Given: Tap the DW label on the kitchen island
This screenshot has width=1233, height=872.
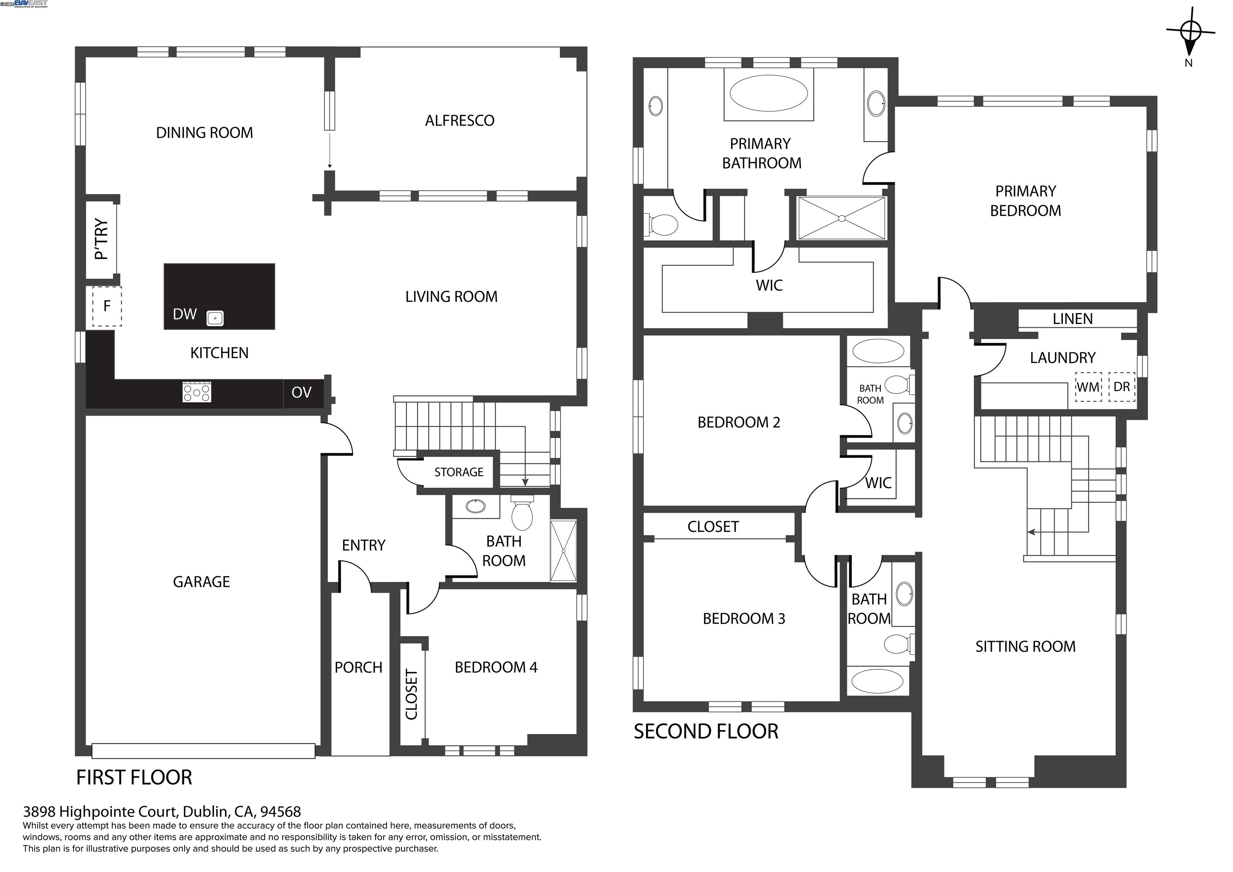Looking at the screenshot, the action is [x=185, y=314].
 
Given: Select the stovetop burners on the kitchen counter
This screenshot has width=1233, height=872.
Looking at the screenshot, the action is [x=197, y=392].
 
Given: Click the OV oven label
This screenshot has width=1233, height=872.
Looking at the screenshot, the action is [x=301, y=392].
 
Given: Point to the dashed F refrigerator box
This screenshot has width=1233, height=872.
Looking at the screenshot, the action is [x=107, y=306].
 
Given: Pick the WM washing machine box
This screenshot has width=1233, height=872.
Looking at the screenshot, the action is [x=1088, y=387].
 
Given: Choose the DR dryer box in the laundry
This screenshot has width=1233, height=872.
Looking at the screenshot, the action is [x=1121, y=387].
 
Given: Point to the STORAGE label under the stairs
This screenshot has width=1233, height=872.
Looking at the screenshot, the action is [x=459, y=472].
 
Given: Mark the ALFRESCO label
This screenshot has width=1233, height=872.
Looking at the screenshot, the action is [x=460, y=120].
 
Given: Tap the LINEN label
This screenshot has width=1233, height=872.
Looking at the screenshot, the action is [x=1072, y=319].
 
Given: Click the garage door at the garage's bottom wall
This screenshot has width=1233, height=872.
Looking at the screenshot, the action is [x=203, y=751].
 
